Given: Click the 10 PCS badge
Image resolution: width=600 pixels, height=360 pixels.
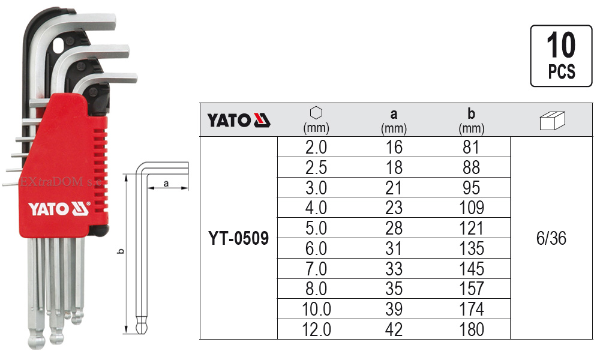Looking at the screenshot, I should [561, 56].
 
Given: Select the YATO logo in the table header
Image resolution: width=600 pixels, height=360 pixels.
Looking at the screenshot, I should [239, 120].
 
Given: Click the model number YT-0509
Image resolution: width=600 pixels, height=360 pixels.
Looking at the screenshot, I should [239, 238].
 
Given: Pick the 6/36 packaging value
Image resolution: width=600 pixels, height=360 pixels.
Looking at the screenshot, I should [551, 238].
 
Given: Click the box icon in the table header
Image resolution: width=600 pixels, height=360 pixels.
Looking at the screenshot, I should [551, 120].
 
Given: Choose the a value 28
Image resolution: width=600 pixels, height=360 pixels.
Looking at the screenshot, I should [394, 228].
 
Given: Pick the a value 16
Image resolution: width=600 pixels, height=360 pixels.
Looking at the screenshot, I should [394, 147].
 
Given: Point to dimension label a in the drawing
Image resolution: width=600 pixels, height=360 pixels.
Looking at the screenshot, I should [165, 184].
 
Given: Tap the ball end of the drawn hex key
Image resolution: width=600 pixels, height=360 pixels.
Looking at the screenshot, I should [141, 328].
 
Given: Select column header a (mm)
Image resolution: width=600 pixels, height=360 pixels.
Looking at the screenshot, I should [394, 120].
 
